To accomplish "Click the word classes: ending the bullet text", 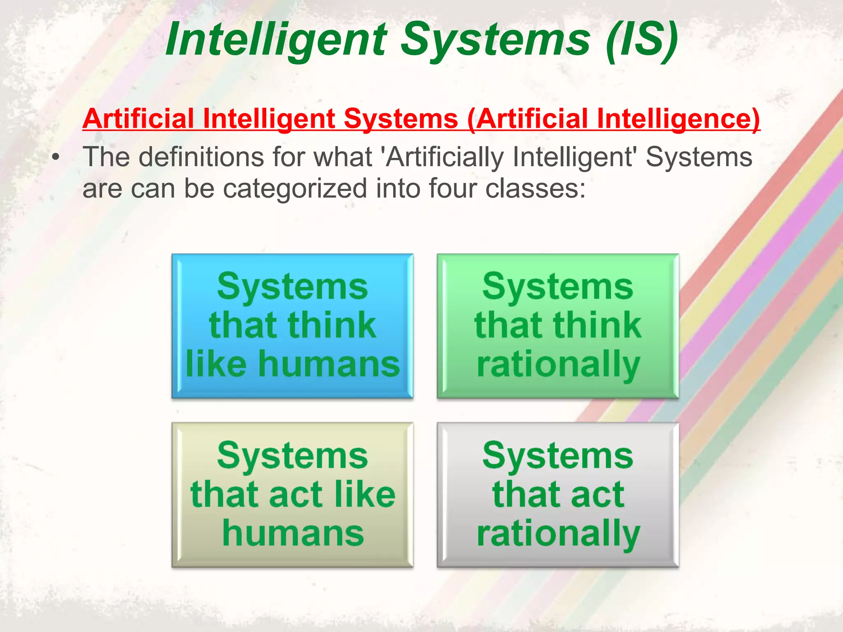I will coord(535,189).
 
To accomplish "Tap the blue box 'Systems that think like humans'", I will coord(292,325).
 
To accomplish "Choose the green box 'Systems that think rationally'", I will coord(558,325).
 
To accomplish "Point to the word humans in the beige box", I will coord(293,533).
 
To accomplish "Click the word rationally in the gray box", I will coord(558,533).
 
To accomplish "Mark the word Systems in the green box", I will coord(558,287).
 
